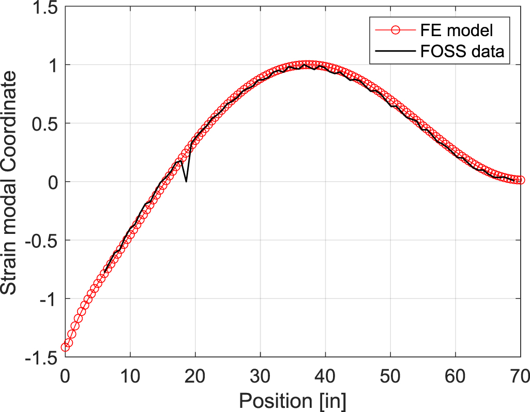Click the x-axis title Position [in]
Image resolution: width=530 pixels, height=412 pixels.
(x=292, y=400)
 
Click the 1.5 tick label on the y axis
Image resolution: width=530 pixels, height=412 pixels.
(x=44, y=7)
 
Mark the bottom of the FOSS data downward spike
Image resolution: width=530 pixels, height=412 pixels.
(x=186, y=181)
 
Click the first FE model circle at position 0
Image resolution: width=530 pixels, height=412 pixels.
(x=65, y=347)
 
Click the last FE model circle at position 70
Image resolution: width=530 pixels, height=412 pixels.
(x=520, y=180)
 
